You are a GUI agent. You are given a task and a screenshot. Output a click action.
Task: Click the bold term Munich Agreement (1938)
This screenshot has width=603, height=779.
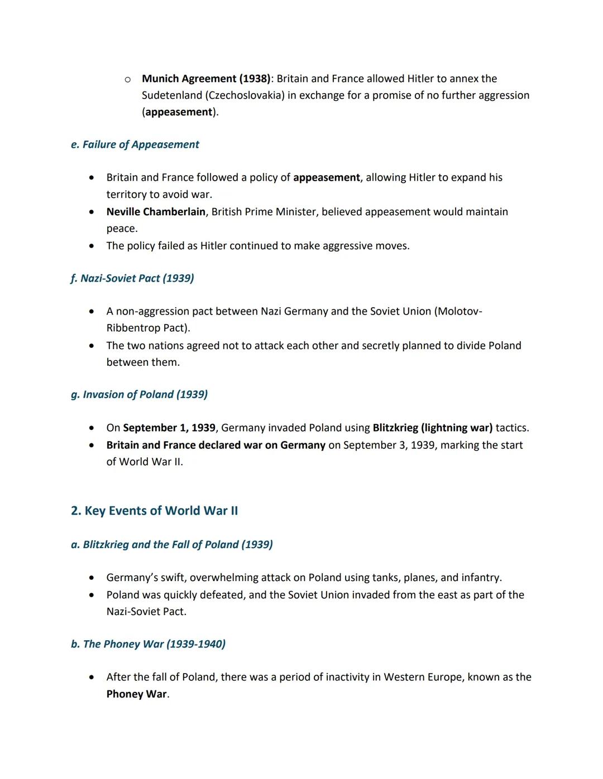coord(206,79)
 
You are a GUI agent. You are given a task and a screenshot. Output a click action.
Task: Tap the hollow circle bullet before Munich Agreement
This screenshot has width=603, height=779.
coord(128,80)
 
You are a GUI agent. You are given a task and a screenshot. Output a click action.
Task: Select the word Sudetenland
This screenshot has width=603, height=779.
coord(172,95)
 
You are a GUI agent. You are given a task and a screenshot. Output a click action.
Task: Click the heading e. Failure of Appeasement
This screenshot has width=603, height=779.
coord(135,144)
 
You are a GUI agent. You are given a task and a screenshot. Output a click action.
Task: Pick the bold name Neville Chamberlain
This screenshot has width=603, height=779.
coord(156,212)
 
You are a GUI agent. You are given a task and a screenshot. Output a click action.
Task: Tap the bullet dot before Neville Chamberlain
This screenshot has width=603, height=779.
coord(92,212)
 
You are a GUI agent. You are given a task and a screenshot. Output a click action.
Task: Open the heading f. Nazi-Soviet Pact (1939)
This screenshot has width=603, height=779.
coord(132,278)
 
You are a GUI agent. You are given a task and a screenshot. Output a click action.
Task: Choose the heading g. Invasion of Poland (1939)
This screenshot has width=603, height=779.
coord(139,394)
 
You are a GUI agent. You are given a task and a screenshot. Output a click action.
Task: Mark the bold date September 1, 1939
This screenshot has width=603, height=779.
coord(169,428)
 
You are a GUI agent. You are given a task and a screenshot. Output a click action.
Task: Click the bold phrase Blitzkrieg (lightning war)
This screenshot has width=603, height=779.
coord(433,428)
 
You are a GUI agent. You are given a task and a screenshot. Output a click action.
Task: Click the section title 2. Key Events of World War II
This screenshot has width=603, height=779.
coord(154,511)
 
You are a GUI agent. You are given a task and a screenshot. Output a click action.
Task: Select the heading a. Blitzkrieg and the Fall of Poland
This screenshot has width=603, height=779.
coord(172,544)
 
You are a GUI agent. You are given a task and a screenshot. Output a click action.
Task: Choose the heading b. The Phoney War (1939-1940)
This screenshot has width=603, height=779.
coord(148,644)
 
